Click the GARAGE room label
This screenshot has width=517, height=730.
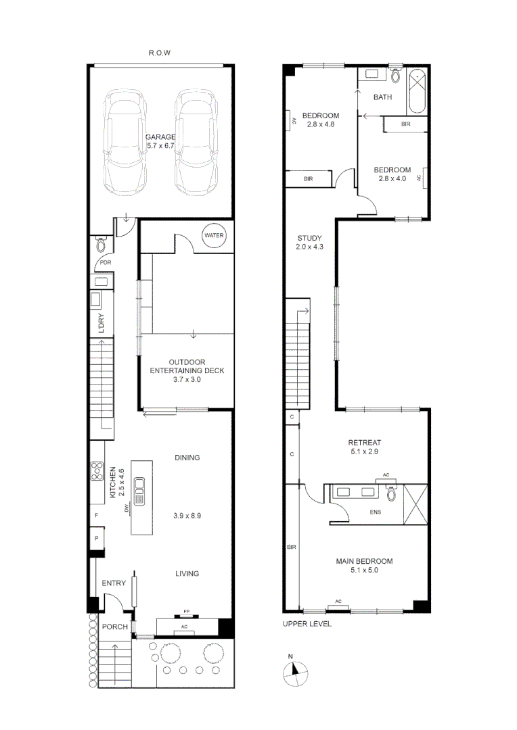coord(160,137)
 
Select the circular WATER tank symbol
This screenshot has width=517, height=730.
coord(214,236)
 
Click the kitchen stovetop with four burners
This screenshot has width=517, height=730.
coord(97,470)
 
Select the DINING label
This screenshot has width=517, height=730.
coord(187,458)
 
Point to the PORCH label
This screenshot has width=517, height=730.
coord(114,627)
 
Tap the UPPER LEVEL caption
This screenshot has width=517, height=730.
coord(307,624)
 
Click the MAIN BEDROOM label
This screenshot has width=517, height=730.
coord(364,561)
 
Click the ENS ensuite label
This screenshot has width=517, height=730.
coord(375,512)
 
